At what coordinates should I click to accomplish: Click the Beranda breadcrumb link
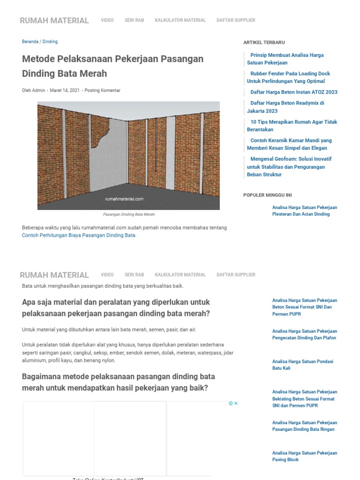click(30, 42)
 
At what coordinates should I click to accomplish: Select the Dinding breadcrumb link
click(50, 42)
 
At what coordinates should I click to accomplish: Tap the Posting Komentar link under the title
click(102, 90)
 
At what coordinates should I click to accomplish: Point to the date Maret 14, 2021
click(65, 90)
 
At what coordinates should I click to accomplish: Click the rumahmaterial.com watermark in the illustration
click(124, 199)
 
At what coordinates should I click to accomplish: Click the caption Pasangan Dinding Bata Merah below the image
click(128, 214)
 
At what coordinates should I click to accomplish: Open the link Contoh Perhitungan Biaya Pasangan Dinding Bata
click(79, 235)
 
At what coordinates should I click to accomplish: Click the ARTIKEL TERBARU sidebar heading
click(264, 43)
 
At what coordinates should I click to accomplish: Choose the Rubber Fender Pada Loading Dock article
click(290, 77)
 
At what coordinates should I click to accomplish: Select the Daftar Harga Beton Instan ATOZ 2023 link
click(293, 92)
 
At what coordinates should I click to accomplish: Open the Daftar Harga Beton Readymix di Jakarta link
click(286, 107)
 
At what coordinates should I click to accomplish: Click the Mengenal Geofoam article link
click(290, 166)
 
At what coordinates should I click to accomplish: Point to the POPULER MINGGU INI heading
click(268, 195)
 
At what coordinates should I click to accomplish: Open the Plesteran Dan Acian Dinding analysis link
click(304, 211)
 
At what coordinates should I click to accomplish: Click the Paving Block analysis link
click(304, 456)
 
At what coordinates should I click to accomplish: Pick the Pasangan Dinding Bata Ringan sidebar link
click(304, 426)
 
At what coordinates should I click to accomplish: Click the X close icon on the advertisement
click(236, 404)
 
